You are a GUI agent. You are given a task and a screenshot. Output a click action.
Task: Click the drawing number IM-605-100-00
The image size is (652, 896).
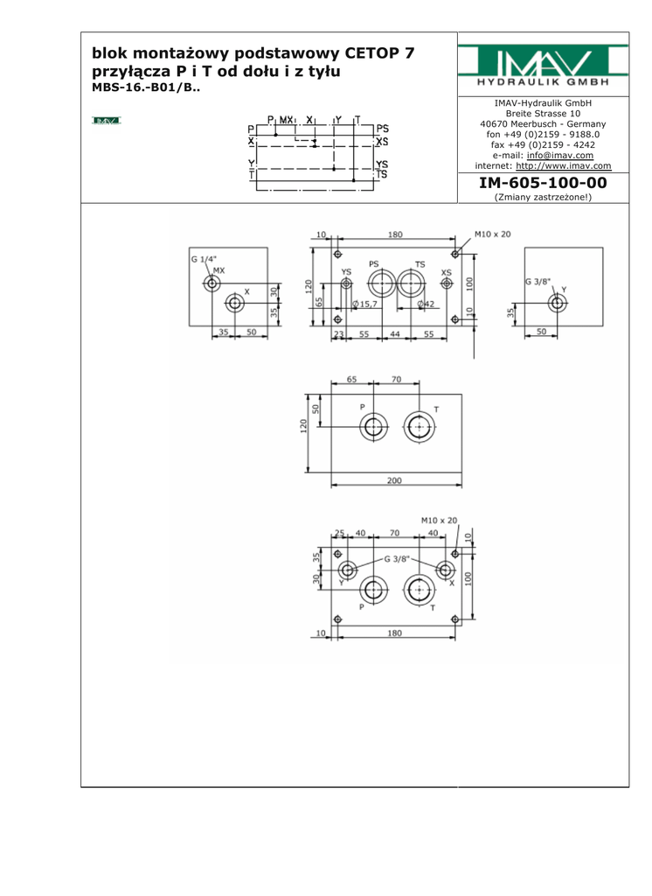[543, 184]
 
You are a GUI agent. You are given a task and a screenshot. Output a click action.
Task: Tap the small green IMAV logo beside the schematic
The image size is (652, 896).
[106, 120]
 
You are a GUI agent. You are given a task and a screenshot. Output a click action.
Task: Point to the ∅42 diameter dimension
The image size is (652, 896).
[427, 304]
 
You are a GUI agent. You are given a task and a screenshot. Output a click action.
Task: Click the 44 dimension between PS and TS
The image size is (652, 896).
[395, 334]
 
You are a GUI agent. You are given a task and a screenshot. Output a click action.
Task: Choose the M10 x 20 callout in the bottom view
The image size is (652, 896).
[438, 520]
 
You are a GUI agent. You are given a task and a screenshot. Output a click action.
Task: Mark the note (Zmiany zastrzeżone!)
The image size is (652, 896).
[543, 198]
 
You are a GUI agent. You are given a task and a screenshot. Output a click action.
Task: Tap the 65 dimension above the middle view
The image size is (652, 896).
[351, 380]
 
